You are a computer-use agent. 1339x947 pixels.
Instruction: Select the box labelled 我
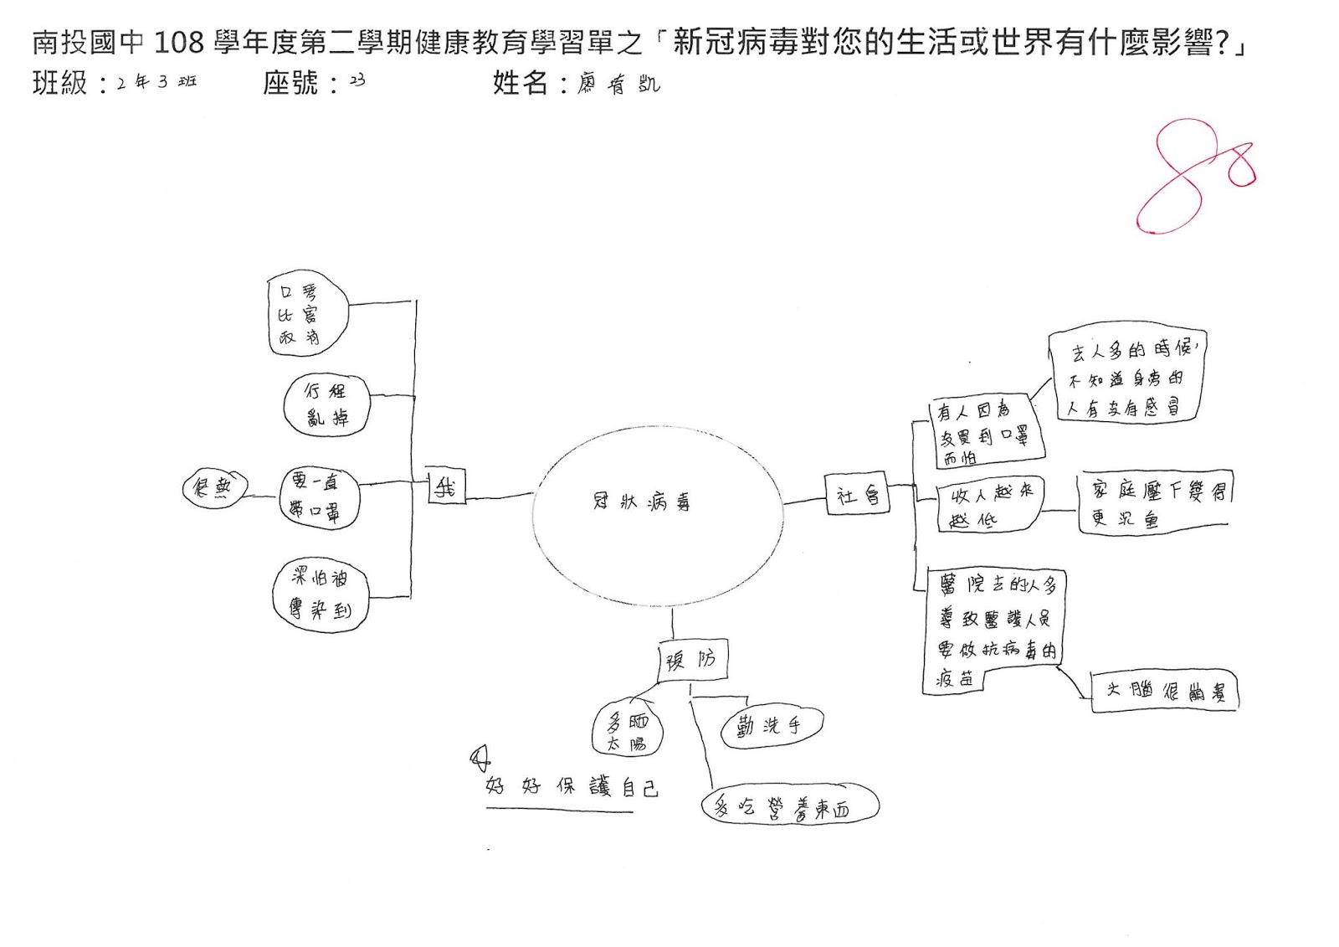tap(445, 486)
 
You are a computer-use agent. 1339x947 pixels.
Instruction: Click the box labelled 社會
tap(857, 494)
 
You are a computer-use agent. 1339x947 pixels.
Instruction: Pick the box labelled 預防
tap(691, 660)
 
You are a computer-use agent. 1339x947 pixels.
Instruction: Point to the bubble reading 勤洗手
tap(771, 726)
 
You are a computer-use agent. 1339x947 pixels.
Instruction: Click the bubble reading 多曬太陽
tap(627, 729)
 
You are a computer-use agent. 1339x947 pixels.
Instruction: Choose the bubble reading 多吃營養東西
tap(789, 806)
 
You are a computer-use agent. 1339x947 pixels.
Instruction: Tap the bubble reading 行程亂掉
tap(326, 405)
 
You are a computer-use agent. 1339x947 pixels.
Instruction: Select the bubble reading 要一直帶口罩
tap(318, 497)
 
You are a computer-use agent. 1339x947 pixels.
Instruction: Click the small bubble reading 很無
tap(213, 487)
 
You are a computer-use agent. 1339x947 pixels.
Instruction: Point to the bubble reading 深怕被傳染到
tap(321, 593)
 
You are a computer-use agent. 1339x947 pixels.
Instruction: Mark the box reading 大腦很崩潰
tap(1164, 691)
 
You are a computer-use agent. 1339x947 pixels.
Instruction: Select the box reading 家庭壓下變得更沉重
tap(1156, 503)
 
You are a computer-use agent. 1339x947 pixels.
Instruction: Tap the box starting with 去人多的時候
tap(1126, 376)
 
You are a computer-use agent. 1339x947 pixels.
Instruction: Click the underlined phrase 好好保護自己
tap(571, 786)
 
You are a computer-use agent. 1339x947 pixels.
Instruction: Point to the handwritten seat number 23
tap(357, 80)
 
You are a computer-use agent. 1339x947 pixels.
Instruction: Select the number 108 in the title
tap(179, 42)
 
